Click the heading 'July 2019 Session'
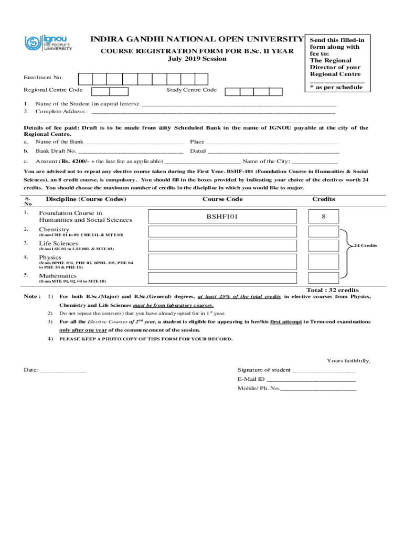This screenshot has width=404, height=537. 197,59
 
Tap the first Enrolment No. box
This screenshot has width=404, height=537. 86,79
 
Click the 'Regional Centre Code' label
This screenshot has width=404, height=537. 53,90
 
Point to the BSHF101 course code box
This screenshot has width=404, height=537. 222,217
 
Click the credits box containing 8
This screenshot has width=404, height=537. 323,217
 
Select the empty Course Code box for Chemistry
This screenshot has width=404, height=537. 222,232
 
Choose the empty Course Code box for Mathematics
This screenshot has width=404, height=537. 222,278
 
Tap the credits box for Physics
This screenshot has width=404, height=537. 323,261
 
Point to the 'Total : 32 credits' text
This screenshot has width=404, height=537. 333,290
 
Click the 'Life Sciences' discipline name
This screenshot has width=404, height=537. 58,243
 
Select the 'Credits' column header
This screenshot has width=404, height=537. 323,199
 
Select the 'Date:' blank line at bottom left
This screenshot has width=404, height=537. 62,370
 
